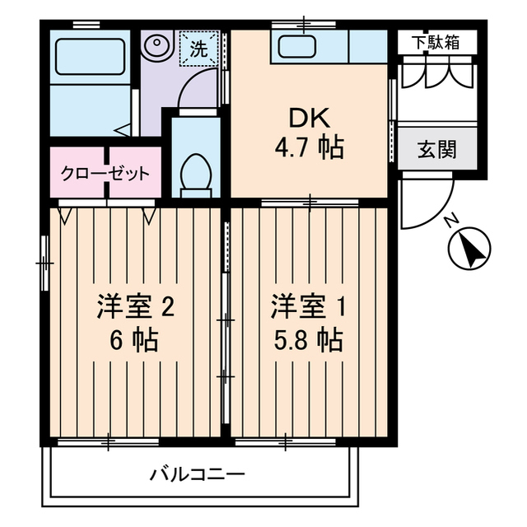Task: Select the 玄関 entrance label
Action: point(436,150)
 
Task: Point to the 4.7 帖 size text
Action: point(308,148)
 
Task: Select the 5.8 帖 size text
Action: point(308,338)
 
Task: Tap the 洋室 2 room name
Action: point(134,307)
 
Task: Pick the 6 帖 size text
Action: point(134,338)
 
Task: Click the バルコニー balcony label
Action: point(197,475)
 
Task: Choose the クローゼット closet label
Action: point(105,174)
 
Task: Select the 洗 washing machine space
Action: point(200,49)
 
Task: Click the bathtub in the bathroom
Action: point(89,57)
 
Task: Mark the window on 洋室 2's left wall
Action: point(44,263)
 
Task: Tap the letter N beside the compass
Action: point(450,221)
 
